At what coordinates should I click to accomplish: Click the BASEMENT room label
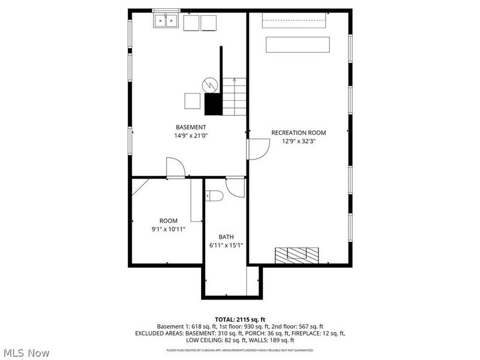click(191, 127)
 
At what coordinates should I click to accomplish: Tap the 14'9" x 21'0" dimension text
click(191, 136)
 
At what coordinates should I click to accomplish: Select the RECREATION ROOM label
click(298, 133)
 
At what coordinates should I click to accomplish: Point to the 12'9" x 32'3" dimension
click(298, 141)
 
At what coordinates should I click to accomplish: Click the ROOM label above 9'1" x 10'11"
click(168, 221)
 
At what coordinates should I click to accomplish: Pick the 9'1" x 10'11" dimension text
click(168, 229)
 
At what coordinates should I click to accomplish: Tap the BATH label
click(226, 236)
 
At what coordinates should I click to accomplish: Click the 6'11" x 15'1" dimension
click(226, 245)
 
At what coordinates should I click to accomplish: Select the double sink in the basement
click(166, 21)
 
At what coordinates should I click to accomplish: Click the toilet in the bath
click(214, 196)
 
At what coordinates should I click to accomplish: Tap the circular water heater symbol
click(210, 84)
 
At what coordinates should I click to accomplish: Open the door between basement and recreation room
click(258, 149)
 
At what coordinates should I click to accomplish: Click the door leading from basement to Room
click(175, 168)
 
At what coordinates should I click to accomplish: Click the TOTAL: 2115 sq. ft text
click(240, 319)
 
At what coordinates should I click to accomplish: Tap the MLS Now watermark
click(26, 353)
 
